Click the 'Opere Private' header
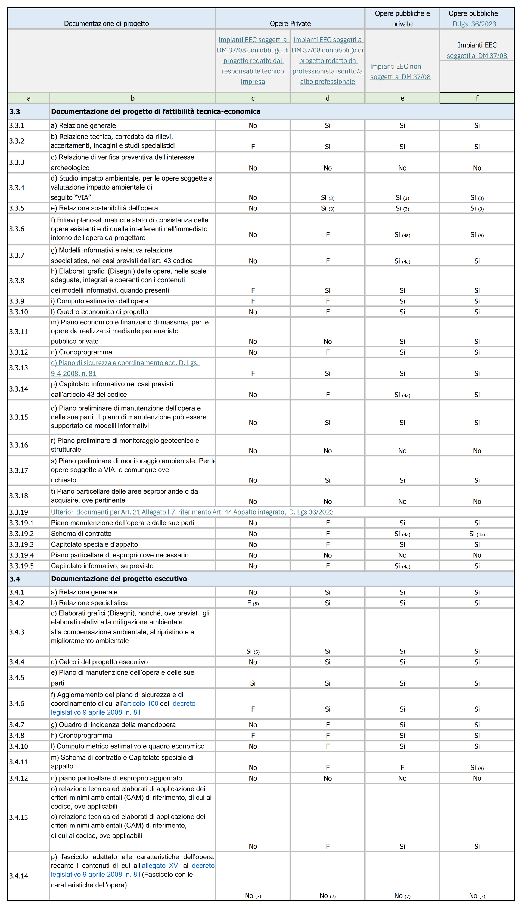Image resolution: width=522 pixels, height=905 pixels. tap(290, 24)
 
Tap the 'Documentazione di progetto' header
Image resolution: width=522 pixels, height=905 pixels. tap(107, 24)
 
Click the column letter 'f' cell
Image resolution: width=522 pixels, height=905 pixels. tap(477, 98)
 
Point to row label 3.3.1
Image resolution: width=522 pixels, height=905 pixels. tap(17, 125)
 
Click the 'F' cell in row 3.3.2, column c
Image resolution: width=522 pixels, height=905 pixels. tap(253, 147)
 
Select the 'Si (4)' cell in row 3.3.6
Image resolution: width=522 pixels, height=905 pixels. tap(477, 234)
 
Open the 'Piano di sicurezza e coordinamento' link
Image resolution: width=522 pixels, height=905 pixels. tap(125, 363)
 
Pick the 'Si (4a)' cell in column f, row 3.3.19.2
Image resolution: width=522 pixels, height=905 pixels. tap(477, 534)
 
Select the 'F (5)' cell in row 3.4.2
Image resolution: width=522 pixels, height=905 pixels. tap(253, 603)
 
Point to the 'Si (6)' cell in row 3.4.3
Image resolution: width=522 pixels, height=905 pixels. tap(253, 651)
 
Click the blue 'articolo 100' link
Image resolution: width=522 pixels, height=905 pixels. tap(141, 703)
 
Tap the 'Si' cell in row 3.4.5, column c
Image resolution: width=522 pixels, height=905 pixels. tap(253, 683)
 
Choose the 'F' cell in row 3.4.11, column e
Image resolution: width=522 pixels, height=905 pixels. tap(402, 767)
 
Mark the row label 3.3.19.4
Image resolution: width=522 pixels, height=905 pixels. tap(21, 555)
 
